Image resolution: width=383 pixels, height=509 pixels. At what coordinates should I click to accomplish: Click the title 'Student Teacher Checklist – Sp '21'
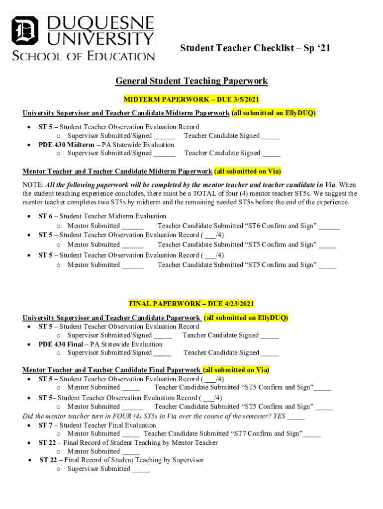(x=255, y=48)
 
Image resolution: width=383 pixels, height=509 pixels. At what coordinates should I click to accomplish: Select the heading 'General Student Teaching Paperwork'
(x=191, y=81)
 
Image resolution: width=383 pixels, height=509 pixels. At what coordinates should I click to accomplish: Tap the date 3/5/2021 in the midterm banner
(x=244, y=100)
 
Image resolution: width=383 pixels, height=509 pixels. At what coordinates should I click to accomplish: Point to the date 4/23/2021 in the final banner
(x=238, y=304)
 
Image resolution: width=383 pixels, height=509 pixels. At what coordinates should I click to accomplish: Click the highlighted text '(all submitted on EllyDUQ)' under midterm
(x=274, y=113)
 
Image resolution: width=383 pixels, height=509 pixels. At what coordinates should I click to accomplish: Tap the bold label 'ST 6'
(x=45, y=216)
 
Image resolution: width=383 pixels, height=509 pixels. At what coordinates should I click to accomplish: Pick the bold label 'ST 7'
(x=45, y=425)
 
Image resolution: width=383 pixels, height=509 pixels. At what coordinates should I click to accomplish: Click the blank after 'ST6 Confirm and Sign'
(x=329, y=227)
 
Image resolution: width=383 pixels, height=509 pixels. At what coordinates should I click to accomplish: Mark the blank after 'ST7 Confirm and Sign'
(x=312, y=434)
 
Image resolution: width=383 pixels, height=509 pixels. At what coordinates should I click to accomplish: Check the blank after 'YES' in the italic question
(x=296, y=417)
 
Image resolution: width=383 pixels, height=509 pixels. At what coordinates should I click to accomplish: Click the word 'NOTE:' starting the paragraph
(x=33, y=185)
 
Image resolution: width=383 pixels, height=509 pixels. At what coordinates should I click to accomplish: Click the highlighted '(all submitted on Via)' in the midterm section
(x=248, y=171)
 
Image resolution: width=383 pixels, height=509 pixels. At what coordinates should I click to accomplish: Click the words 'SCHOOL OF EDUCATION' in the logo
(x=84, y=56)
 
